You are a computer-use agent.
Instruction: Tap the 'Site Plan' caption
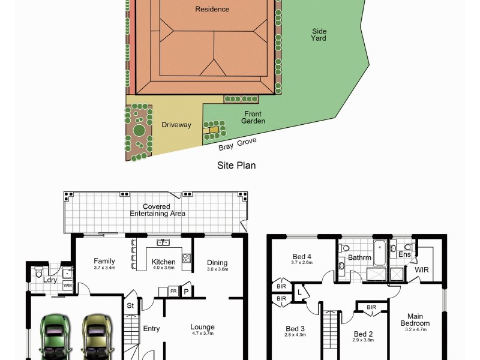[x=236, y=165]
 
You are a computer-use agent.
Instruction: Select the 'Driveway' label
[x=176, y=125]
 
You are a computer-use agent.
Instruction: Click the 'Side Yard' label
[x=319, y=35]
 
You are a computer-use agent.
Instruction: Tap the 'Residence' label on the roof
[x=212, y=9]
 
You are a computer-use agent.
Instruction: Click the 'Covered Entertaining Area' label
[x=156, y=210]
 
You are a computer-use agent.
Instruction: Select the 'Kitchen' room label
[x=163, y=262]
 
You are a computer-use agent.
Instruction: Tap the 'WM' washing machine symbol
[x=67, y=285]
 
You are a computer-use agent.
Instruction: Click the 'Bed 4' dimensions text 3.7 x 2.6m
[x=302, y=262]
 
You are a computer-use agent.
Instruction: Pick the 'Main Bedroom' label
[x=415, y=320]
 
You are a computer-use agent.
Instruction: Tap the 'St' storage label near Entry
[x=129, y=305]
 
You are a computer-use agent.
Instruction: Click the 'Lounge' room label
[x=202, y=327]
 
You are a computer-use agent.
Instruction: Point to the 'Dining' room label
[x=217, y=262]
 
